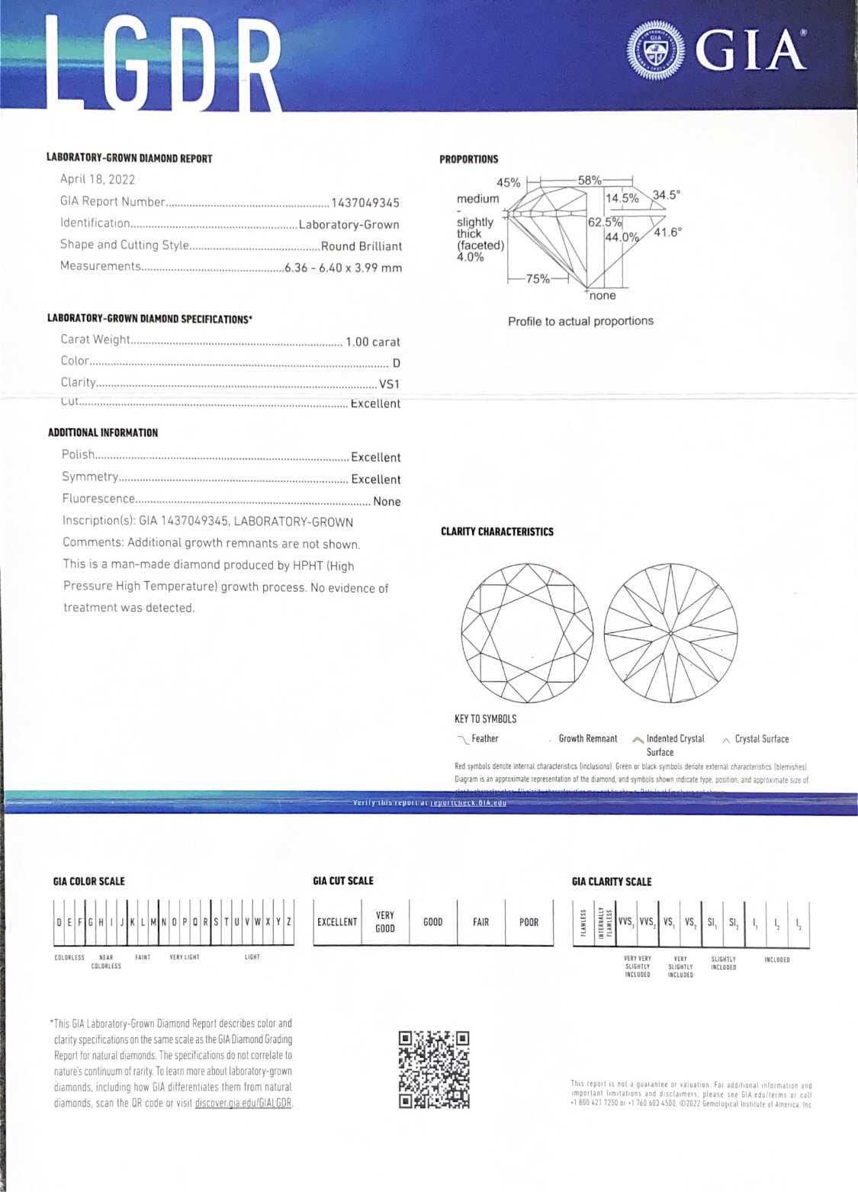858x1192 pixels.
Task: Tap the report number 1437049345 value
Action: [365, 203]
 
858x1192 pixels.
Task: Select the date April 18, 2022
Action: [98, 179]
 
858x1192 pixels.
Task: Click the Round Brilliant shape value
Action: [361, 246]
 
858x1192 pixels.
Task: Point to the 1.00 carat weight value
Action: [372, 342]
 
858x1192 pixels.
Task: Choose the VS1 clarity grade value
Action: [389, 384]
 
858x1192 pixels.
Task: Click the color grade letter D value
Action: [396, 363]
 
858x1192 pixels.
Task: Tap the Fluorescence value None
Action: [387, 502]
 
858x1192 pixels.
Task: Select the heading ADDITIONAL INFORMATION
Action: [103, 432]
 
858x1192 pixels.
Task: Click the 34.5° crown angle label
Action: [665, 194]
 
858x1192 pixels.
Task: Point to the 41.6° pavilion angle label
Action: [667, 233]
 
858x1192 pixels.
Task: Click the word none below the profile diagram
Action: [603, 296]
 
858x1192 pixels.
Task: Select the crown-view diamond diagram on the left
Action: [528, 632]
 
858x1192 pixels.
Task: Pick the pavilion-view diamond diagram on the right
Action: [670, 632]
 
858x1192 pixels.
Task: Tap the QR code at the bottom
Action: [434, 1068]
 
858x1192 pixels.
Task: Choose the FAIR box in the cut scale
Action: [480, 922]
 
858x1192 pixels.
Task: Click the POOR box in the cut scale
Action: [529, 922]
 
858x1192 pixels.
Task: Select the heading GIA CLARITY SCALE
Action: [612, 882]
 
